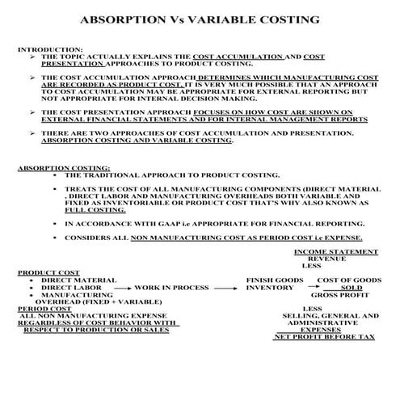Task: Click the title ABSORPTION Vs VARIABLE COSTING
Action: pos(200,18)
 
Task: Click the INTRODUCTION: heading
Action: pos(49,49)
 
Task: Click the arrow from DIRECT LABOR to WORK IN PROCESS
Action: pos(119,288)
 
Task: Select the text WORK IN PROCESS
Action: pos(171,288)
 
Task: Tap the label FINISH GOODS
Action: pos(276,280)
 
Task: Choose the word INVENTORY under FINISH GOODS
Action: pos(271,288)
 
